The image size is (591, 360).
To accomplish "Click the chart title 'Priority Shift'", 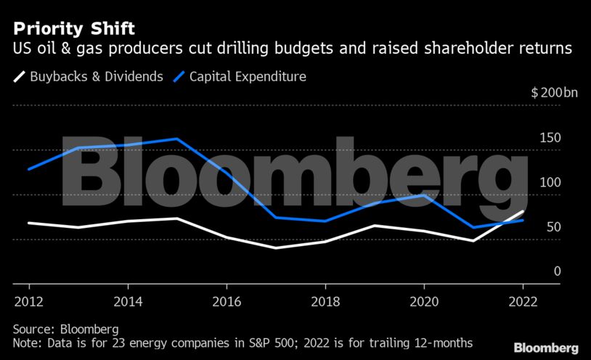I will (73, 29).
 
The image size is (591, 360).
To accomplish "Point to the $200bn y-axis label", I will (555, 93).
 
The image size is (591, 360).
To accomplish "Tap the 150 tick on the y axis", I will (551, 138).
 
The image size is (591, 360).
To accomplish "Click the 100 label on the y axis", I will (551, 182).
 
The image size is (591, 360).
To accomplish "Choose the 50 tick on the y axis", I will (554, 227).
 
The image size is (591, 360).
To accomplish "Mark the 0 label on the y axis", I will (558, 271).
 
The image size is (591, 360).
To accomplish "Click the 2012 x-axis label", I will (28, 301).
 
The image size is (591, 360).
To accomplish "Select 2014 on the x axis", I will (127, 301).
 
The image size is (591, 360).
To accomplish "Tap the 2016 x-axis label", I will (227, 301).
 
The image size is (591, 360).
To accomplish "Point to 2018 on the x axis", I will (325, 301).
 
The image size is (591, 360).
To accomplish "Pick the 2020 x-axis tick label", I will (424, 301).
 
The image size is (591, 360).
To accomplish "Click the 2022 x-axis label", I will (523, 301).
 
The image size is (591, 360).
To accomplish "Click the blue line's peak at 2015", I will (177, 139).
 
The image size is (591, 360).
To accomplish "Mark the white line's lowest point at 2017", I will (276, 247).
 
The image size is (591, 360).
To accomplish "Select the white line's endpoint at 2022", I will (523, 211).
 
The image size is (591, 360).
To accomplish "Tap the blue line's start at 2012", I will (28, 169).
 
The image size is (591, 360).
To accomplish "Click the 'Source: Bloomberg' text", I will (65, 329).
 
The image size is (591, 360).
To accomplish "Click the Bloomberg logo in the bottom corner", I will (546, 348).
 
